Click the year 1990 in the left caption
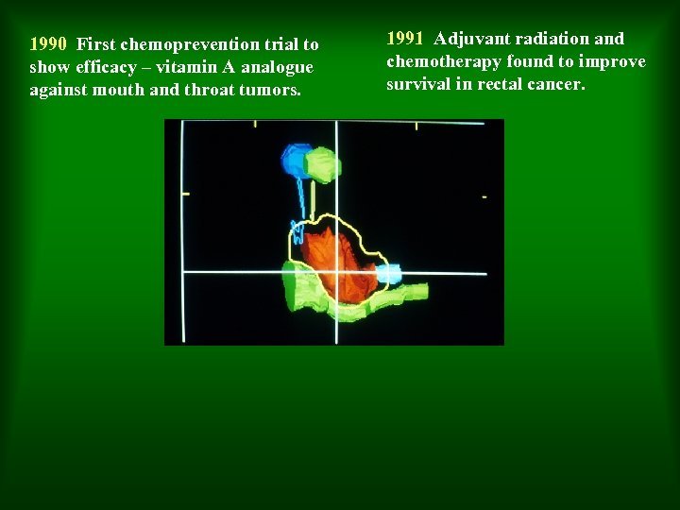point(48,44)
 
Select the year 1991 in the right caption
point(405,39)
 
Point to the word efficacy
point(103,67)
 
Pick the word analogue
point(278,67)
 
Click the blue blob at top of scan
point(297,160)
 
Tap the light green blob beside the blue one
point(323,164)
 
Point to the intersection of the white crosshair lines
point(336,273)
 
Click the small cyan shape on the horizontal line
point(388,275)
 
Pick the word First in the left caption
point(96,44)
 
